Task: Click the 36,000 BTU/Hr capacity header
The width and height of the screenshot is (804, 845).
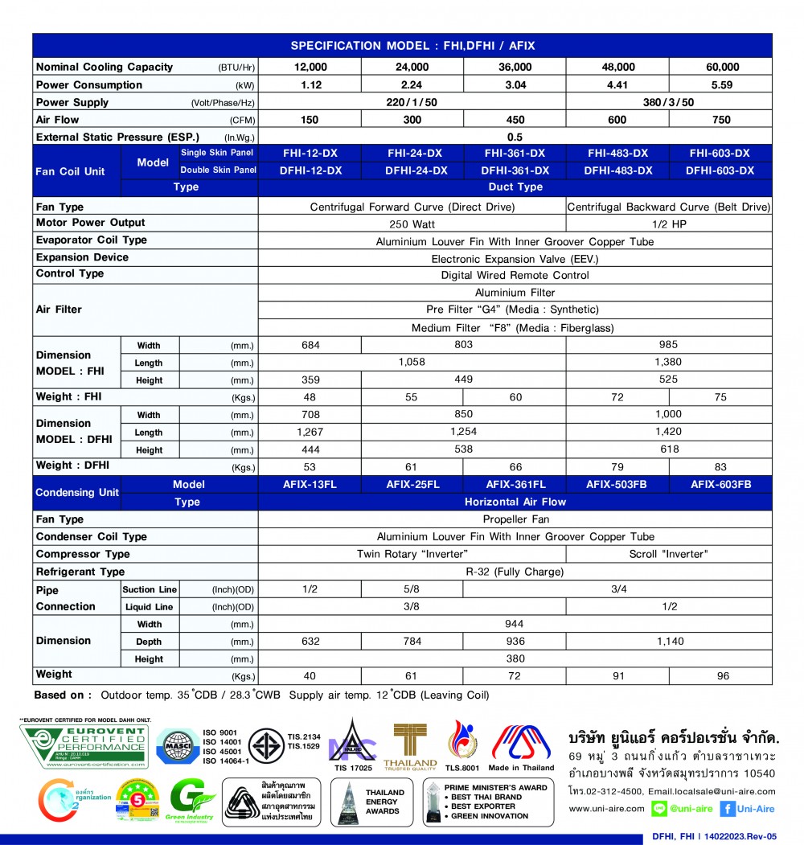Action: point(515,68)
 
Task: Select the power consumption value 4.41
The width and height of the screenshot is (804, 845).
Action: point(617,85)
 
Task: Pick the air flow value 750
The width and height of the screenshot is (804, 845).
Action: point(721,120)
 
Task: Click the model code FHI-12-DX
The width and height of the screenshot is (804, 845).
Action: point(310,154)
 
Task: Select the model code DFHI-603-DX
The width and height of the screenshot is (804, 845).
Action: point(720,170)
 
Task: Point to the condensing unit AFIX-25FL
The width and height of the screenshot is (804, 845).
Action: point(412,484)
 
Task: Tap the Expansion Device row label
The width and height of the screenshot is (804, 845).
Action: point(82,257)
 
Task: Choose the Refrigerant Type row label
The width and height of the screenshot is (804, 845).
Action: point(80,572)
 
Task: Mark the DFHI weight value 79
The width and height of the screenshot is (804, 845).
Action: point(617,467)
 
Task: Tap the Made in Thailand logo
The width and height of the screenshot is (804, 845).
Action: point(521,746)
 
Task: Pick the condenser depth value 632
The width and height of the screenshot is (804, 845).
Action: point(310,642)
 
